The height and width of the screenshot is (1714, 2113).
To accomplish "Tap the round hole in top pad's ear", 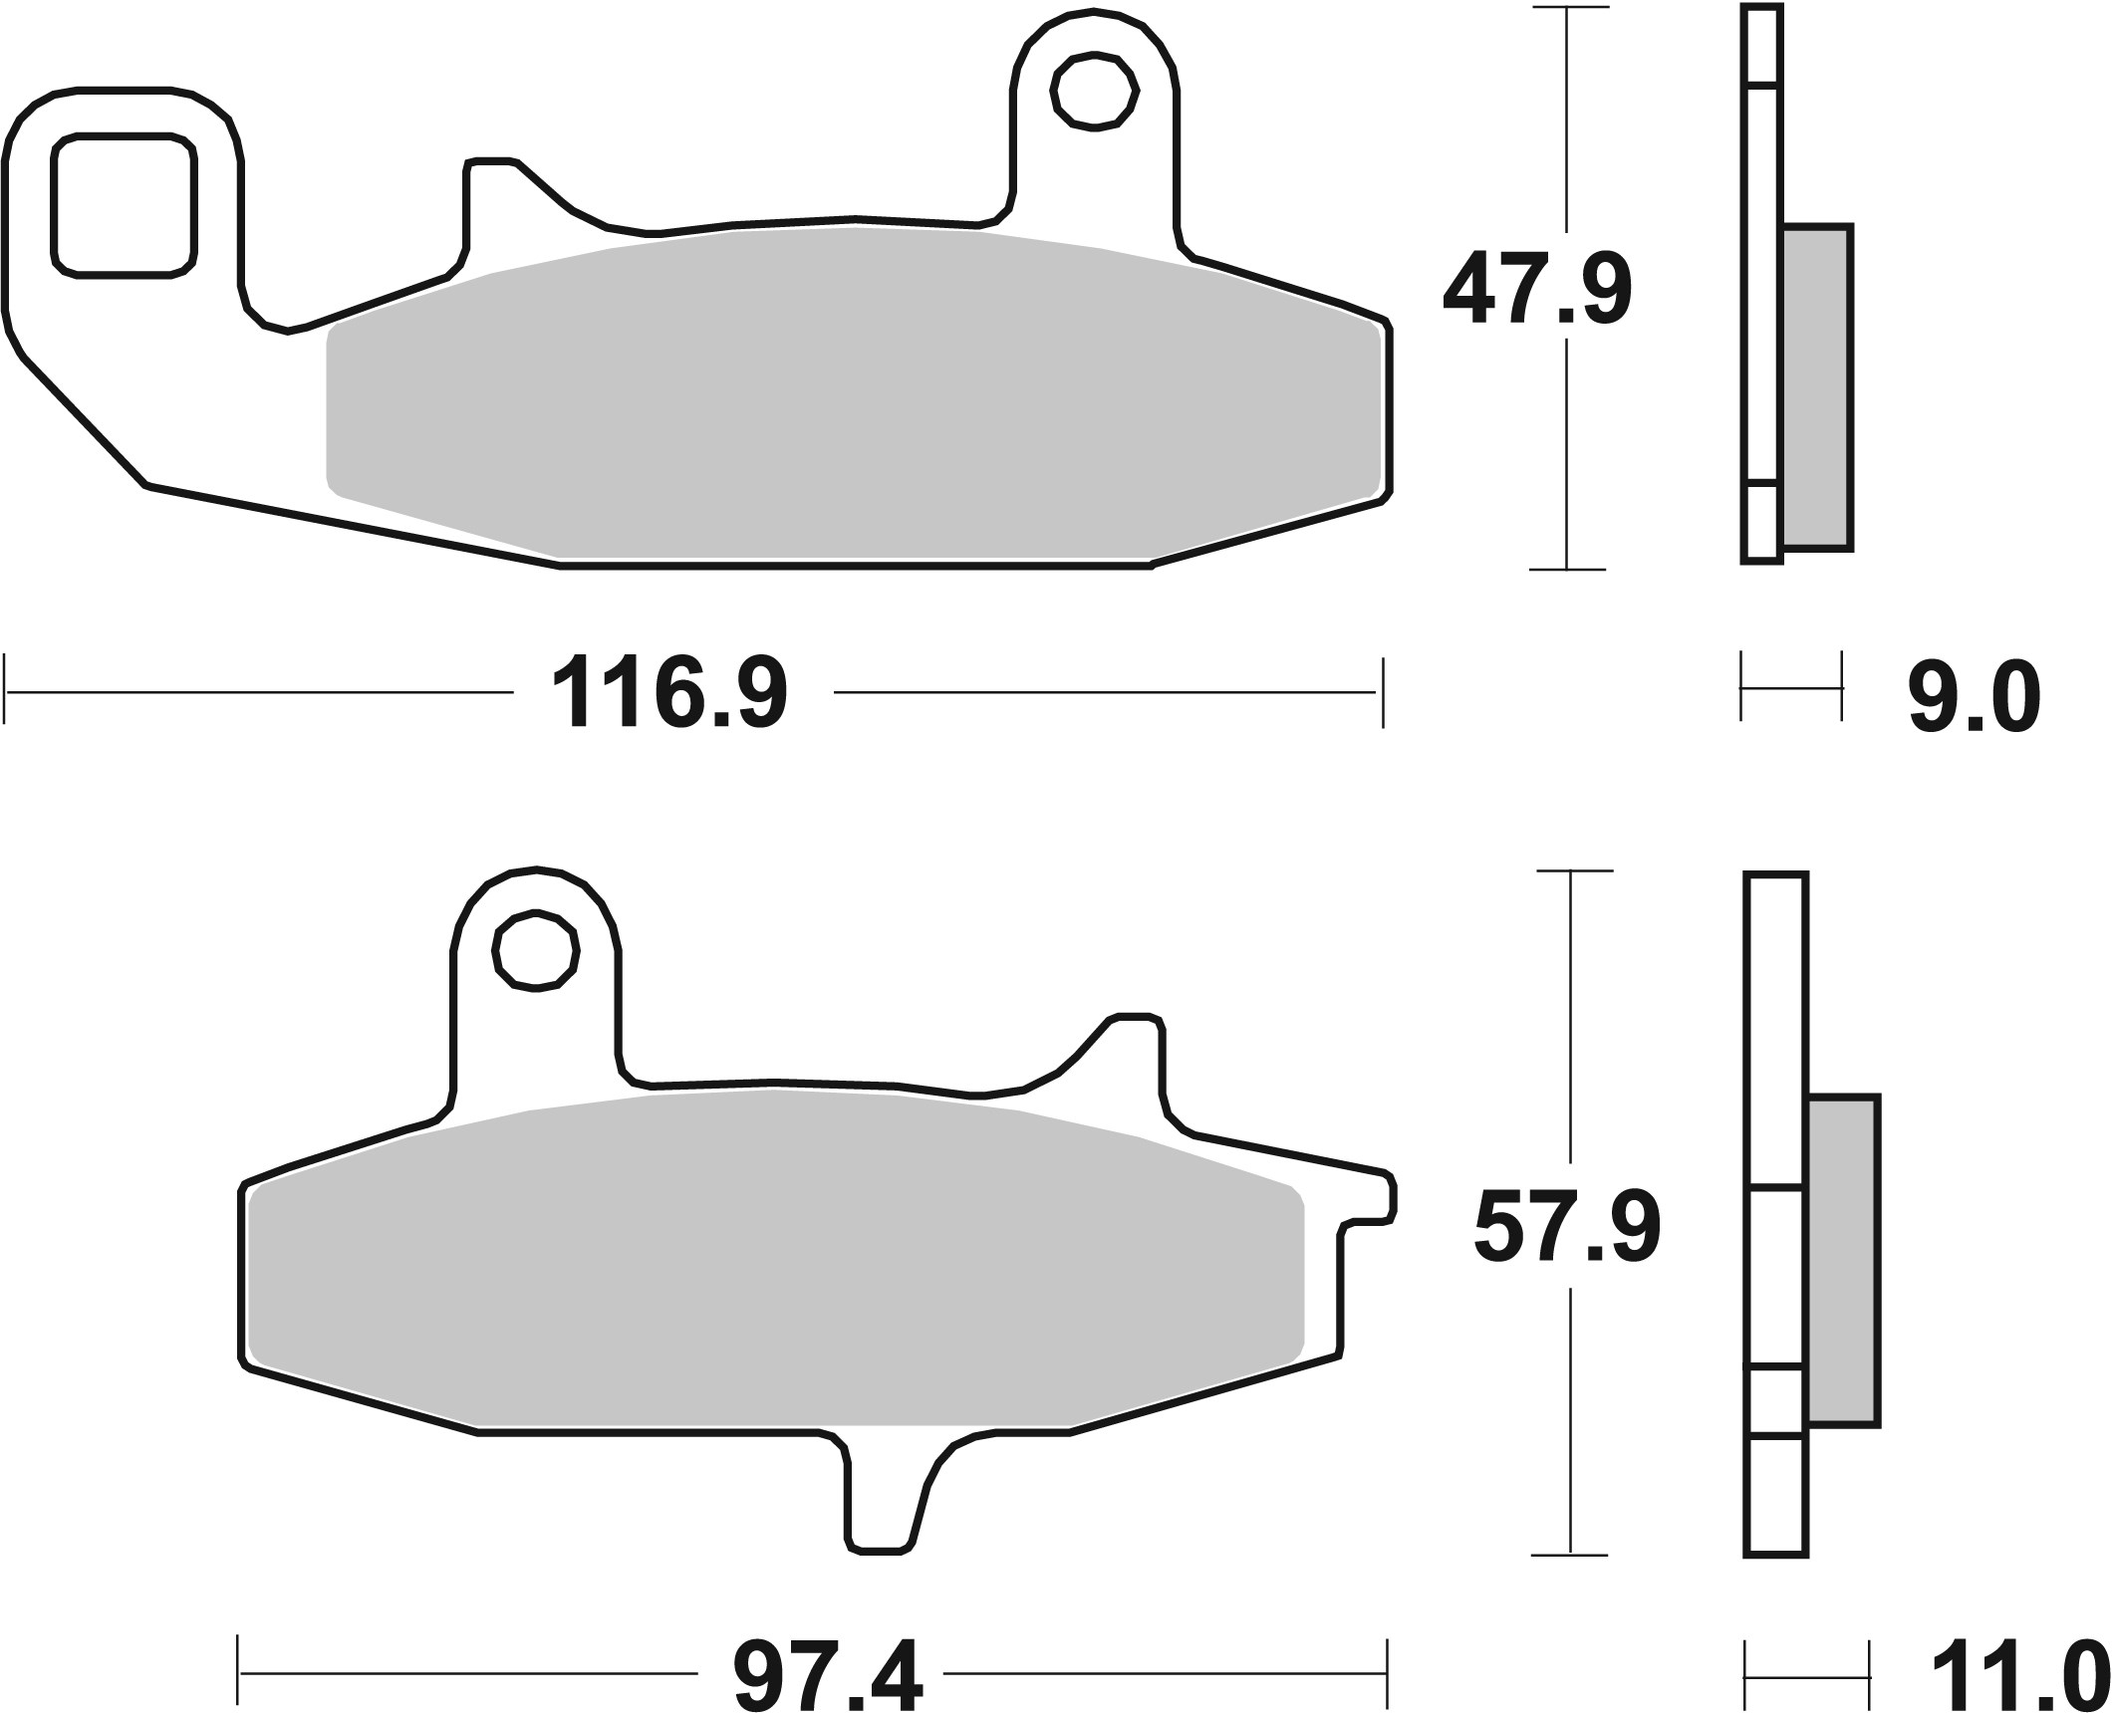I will (x=1095, y=93).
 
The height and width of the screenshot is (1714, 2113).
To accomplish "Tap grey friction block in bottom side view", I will (x=1842, y=1260).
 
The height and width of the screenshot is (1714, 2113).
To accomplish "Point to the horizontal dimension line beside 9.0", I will (x=1790, y=686).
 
